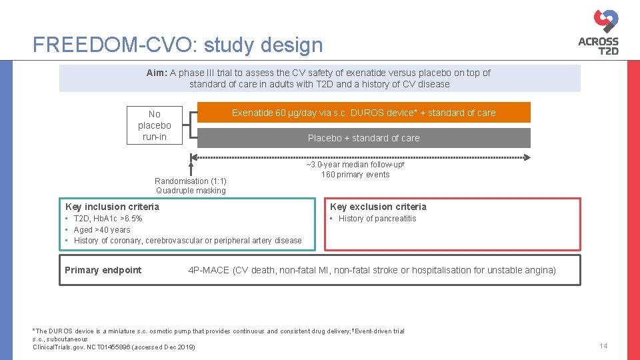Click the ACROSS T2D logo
point(599,31)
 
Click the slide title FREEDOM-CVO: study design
point(177,45)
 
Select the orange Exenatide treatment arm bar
point(363,113)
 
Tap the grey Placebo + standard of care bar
point(363,138)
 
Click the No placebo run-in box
point(155,125)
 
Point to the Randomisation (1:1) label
point(191,181)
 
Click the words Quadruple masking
point(191,191)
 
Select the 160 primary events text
point(355,175)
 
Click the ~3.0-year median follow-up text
point(355,165)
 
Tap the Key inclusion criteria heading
point(112,207)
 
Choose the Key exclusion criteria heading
point(378,207)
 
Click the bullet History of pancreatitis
point(377,219)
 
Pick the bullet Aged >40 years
point(102,230)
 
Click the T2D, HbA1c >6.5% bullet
point(107,219)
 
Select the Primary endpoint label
point(103,270)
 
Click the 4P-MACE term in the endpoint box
point(209,270)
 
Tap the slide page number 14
point(603,346)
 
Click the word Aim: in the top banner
point(157,73)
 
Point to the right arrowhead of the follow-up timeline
point(527,157)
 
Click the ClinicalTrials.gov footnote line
point(114,347)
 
